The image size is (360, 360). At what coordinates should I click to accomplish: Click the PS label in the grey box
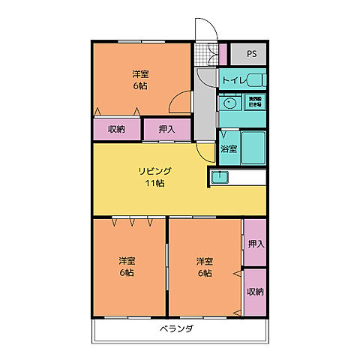pos(251,54)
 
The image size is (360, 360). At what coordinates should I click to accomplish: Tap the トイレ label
pos(233,79)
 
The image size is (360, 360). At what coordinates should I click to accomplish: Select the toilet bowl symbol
pos(256,79)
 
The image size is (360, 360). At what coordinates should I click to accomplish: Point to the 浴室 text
pos(229,148)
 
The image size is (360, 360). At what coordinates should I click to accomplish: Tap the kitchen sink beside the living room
pos(220,178)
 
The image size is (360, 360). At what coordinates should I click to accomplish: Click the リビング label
pos(155,171)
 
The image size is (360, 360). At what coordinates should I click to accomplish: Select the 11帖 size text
pos(155,183)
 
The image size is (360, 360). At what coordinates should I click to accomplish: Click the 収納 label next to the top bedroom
pos(116,129)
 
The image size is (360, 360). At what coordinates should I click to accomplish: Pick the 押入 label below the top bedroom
pos(167,129)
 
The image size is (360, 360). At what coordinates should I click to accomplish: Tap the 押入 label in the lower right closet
pos(256,244)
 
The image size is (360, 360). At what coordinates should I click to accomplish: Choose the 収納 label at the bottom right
pos(256,292)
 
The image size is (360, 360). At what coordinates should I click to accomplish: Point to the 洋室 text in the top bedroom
pos(140,73)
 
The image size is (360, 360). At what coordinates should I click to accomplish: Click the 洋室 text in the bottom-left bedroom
pos(127,261)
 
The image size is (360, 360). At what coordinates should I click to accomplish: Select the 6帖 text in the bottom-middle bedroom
pos(205,273)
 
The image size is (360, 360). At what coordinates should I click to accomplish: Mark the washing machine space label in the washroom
pos(255,101)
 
